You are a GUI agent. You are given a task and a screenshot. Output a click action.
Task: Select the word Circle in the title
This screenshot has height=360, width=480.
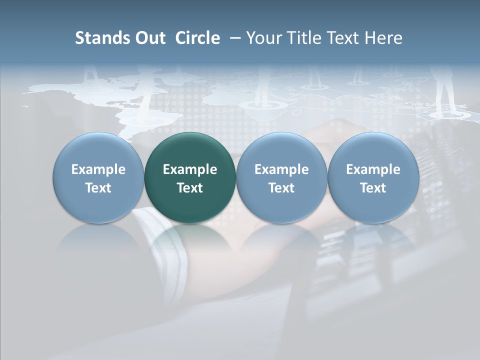click(x=197, y=38)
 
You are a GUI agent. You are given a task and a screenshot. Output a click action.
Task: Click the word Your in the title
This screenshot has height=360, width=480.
click(x=262, y=38)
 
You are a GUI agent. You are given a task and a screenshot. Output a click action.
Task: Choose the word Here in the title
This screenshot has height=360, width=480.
click(x=383, y=38)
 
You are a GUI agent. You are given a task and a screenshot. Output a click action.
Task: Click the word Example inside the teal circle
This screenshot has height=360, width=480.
click(x=190, y=169)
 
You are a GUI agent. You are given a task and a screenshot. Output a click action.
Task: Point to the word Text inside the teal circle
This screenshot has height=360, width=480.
click(x=190, y=188)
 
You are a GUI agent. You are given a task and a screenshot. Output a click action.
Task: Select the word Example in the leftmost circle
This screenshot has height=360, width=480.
click(x=98, y=169)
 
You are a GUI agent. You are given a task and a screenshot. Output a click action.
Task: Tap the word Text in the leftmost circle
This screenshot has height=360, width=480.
click(x=98, y=188)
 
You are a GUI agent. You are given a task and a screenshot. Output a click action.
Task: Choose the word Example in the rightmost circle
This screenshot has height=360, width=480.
click(x=373, y=169)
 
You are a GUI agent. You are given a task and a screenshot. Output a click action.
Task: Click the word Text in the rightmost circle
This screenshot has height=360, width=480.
click(x=373, y=188)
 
